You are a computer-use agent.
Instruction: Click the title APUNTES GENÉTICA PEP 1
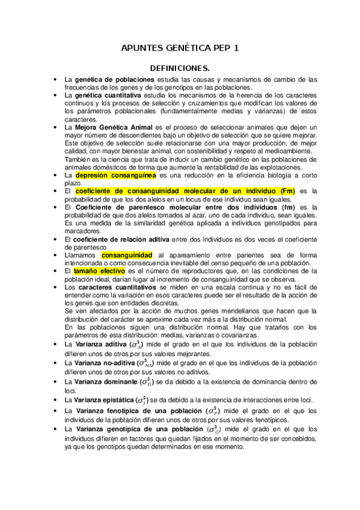180,48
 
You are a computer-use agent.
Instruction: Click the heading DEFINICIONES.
180,68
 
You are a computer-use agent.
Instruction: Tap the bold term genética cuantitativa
108,95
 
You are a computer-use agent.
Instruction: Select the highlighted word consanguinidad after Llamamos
126,254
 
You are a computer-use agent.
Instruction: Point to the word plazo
72,182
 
